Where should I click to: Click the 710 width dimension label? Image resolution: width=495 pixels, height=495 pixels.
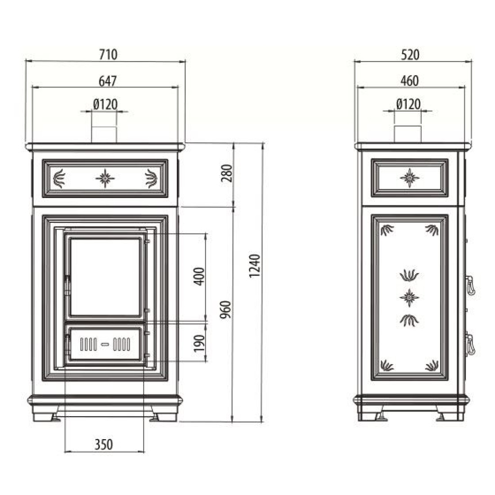tap(108, 54)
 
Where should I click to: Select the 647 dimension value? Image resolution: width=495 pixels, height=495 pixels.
tap(108, 81)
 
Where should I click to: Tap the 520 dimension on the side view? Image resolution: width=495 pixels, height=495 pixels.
tap(410, 55)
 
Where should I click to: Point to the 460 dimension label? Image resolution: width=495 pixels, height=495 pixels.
tap(409, 81)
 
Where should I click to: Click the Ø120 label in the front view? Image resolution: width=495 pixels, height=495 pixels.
tap(105, 104)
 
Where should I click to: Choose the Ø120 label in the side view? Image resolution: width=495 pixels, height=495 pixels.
tap(408, 104)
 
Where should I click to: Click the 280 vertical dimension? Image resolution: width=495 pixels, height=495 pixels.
tap(227, 173)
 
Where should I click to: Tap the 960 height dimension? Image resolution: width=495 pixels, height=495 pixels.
tap(226, 310)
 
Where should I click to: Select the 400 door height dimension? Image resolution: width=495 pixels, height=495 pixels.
tap(199, 277)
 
